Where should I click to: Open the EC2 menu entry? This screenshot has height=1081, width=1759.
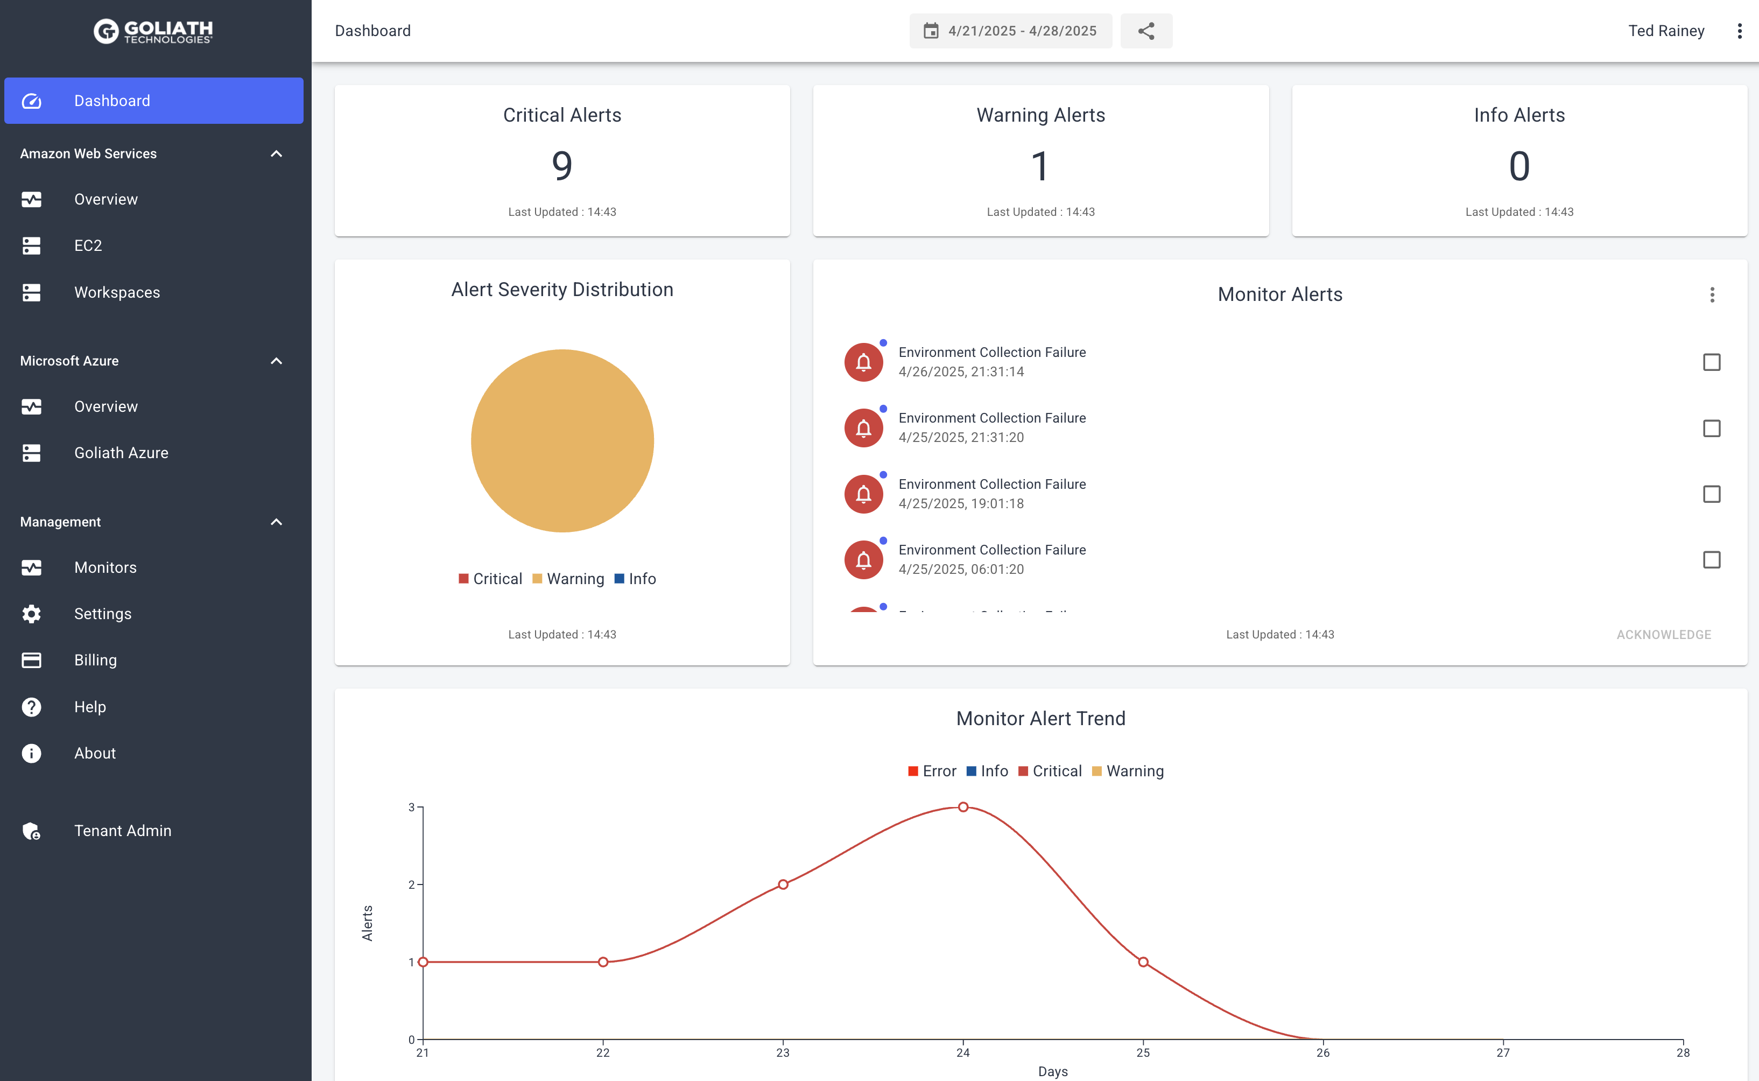[x=88, y=246]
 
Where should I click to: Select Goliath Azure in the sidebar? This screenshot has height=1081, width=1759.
[x=121, y=453]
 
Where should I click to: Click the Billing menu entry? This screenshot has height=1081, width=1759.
[x=95, y=661]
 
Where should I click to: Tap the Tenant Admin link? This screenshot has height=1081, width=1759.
[x=122, y=831]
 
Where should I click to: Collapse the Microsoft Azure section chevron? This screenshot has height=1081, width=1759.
[x=277, y=361]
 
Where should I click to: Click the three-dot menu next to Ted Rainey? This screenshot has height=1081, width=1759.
[x=1739, y=31]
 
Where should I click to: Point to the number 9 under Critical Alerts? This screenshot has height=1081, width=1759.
[x=562, y=166]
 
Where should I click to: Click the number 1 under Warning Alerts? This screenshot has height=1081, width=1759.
[x=1040, y=166]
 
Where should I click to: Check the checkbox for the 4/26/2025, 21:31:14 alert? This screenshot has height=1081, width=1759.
[x=1711, y=362]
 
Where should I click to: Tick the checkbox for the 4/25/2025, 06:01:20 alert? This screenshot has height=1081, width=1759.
[x=1711, y=560]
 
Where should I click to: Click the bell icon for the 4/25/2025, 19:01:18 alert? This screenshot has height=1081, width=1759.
[x=863, y=494]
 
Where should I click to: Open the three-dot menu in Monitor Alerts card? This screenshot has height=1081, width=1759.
[x=1712, y=294]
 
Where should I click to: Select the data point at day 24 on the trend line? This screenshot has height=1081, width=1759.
[x=963, y=807]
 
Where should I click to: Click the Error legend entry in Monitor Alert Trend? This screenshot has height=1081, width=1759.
[x=932, y=771]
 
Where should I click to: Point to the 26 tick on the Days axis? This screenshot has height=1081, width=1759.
[x=1323, y=1052]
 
